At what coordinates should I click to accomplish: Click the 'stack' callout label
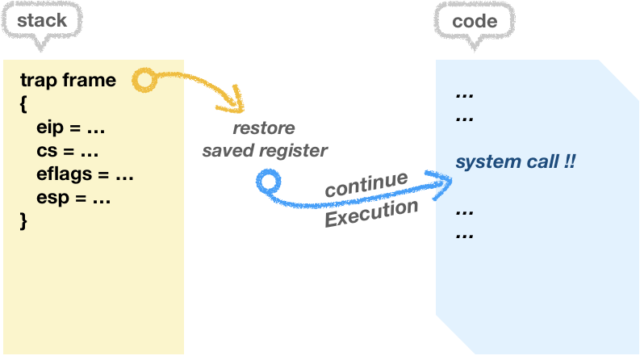coord(42,21)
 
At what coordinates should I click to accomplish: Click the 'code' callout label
coord(475,21)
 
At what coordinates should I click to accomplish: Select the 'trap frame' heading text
coord(68,80)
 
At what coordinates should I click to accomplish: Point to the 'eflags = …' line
coord(84,174)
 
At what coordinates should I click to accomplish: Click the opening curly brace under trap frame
coord(24,103)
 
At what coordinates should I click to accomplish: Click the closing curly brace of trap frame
coord(24,220)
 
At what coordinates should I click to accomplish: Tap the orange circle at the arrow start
coord(144,79)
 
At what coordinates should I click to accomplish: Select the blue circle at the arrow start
coord(266,182)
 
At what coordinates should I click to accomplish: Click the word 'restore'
coord(264,128)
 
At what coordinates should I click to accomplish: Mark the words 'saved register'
coord(265,150)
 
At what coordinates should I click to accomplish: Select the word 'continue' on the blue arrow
coord(366,184)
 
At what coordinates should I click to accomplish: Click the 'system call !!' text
coord(515,161)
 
